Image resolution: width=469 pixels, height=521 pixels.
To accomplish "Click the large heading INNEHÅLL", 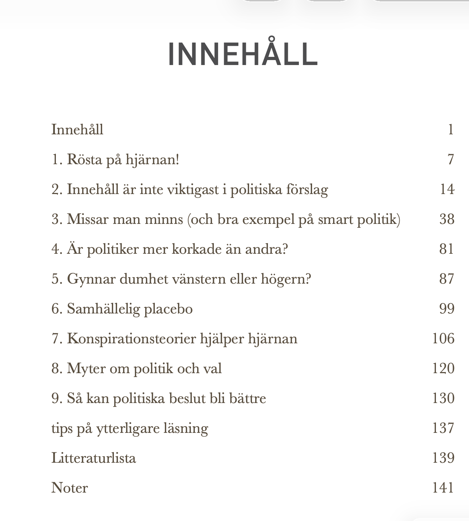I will [x=243, y=54].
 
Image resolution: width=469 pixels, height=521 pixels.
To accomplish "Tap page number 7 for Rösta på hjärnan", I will [x=450, y=159].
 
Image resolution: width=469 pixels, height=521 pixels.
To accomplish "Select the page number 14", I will [x=447, y=189].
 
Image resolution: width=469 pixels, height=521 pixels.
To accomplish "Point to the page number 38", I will [x=447, y=219].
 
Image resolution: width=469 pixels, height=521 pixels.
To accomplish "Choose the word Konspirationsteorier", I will [x=131, y=339].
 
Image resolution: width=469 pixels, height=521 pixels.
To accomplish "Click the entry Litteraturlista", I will [x=94, y=458].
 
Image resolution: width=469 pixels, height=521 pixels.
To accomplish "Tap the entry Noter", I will [x=69, y=488].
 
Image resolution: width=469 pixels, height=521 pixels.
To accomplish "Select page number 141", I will [x=443, y=488].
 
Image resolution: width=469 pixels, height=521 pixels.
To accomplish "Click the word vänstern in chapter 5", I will [x=199, y=279].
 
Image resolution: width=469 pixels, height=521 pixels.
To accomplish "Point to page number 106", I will [x=443, y=338].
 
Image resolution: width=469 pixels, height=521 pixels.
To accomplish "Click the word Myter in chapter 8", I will [x=86, y=369].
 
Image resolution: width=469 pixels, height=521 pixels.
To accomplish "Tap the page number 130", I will [x=443, y=398].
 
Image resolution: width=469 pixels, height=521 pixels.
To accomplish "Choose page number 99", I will [x=447, y=308].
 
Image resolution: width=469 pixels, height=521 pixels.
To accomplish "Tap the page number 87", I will [x=447, y=279].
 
